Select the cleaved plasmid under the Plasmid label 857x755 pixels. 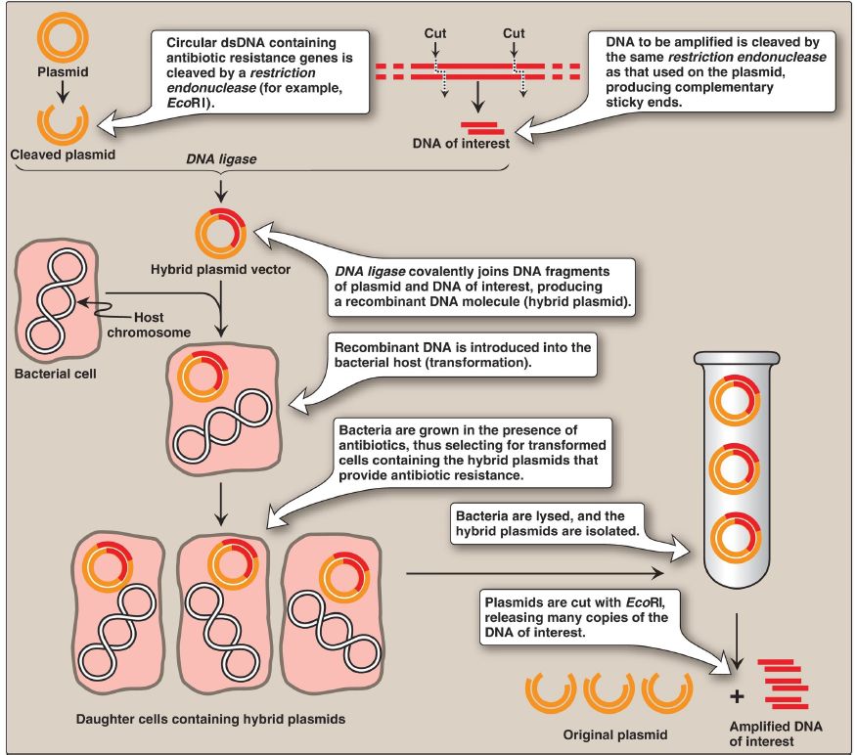coord(62,122)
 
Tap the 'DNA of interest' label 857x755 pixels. coord(475,145)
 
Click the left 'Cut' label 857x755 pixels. coord(435,33)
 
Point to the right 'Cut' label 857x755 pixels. coord(514,33)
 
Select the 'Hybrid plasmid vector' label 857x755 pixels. coord(220,269)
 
